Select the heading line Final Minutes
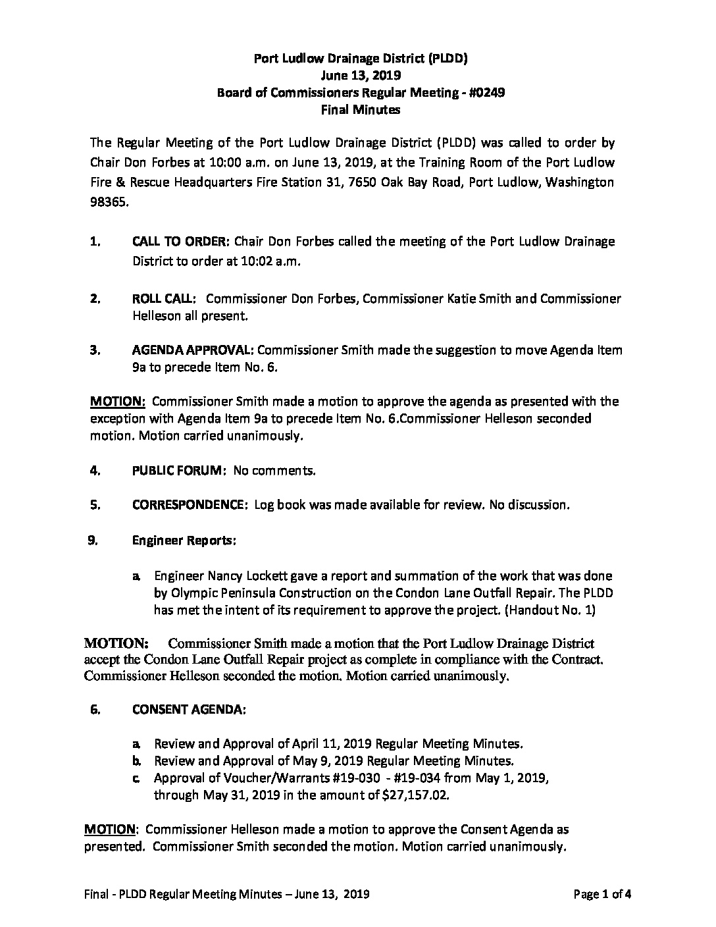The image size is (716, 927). pyautogui.click(x=360, y=110)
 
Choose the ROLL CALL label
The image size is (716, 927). pyautogui.click(x=163, y=299)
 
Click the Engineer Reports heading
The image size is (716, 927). pyautogui.click(x=184, y=540)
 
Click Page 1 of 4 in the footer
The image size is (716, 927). pyautogui.click(x=602, y=894)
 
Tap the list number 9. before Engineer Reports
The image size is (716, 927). pyautogui.click(x=93, y=540)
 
